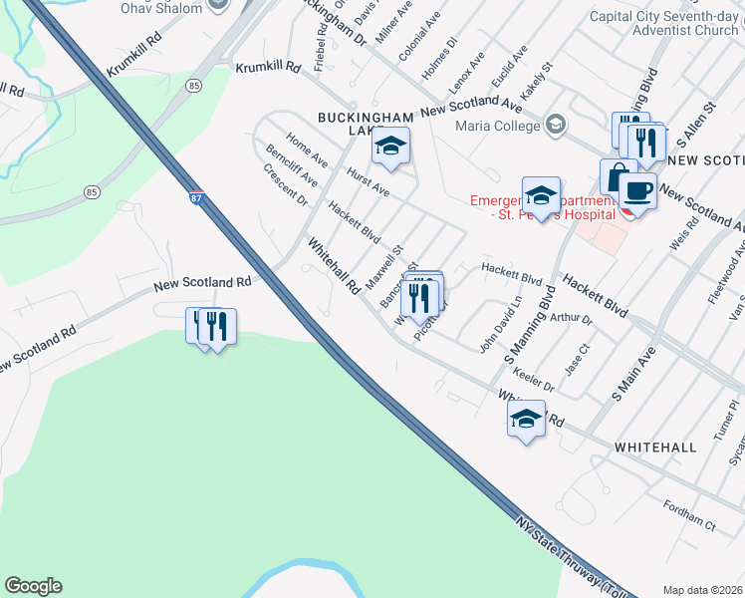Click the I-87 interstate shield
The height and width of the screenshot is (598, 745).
click(x=197, y=198)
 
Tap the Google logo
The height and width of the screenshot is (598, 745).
click(x=33, y=586)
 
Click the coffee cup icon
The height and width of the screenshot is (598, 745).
click(x=637, y=190)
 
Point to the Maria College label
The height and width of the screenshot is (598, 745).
click(x=496, y=126)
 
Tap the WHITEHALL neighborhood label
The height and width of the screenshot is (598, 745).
click(x=655, y=448)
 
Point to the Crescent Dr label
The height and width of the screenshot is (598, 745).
click(x=286, y=186)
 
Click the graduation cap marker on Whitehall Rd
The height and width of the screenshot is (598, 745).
click(x=526, y=419)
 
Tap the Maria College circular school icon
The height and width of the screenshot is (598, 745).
click(x=556, y=125)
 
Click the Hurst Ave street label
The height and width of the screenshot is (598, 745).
click(x=368, y=181)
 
